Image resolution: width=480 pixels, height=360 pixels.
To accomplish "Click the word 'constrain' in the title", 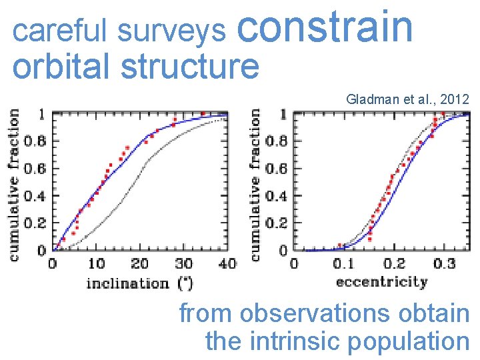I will click(x=325, y=28).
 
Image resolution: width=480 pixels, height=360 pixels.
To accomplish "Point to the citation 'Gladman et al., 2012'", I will click(x=407, y=99).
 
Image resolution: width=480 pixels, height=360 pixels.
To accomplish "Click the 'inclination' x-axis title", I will click(x=127, y=283).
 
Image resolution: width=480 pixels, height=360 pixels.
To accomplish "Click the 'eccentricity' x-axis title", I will click(x=381, y=282).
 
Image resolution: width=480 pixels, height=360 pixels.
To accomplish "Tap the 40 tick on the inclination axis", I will click(x=227, y=264).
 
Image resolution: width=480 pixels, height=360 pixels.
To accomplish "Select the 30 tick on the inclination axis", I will click(x=183, y=264).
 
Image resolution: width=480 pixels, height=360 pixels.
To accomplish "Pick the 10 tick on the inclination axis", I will click(x=97, y=264).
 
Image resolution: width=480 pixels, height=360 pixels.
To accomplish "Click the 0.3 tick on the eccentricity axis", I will click(x=445, y=264).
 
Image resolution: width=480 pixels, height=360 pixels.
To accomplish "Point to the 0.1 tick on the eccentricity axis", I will click(x=344, y=264).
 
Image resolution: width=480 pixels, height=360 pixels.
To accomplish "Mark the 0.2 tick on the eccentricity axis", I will click(x=395, y=264).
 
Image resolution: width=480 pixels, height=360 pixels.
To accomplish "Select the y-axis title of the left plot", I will click(x=13, y=185).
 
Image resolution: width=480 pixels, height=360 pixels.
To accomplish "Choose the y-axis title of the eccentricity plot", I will click(x=255, y=185).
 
